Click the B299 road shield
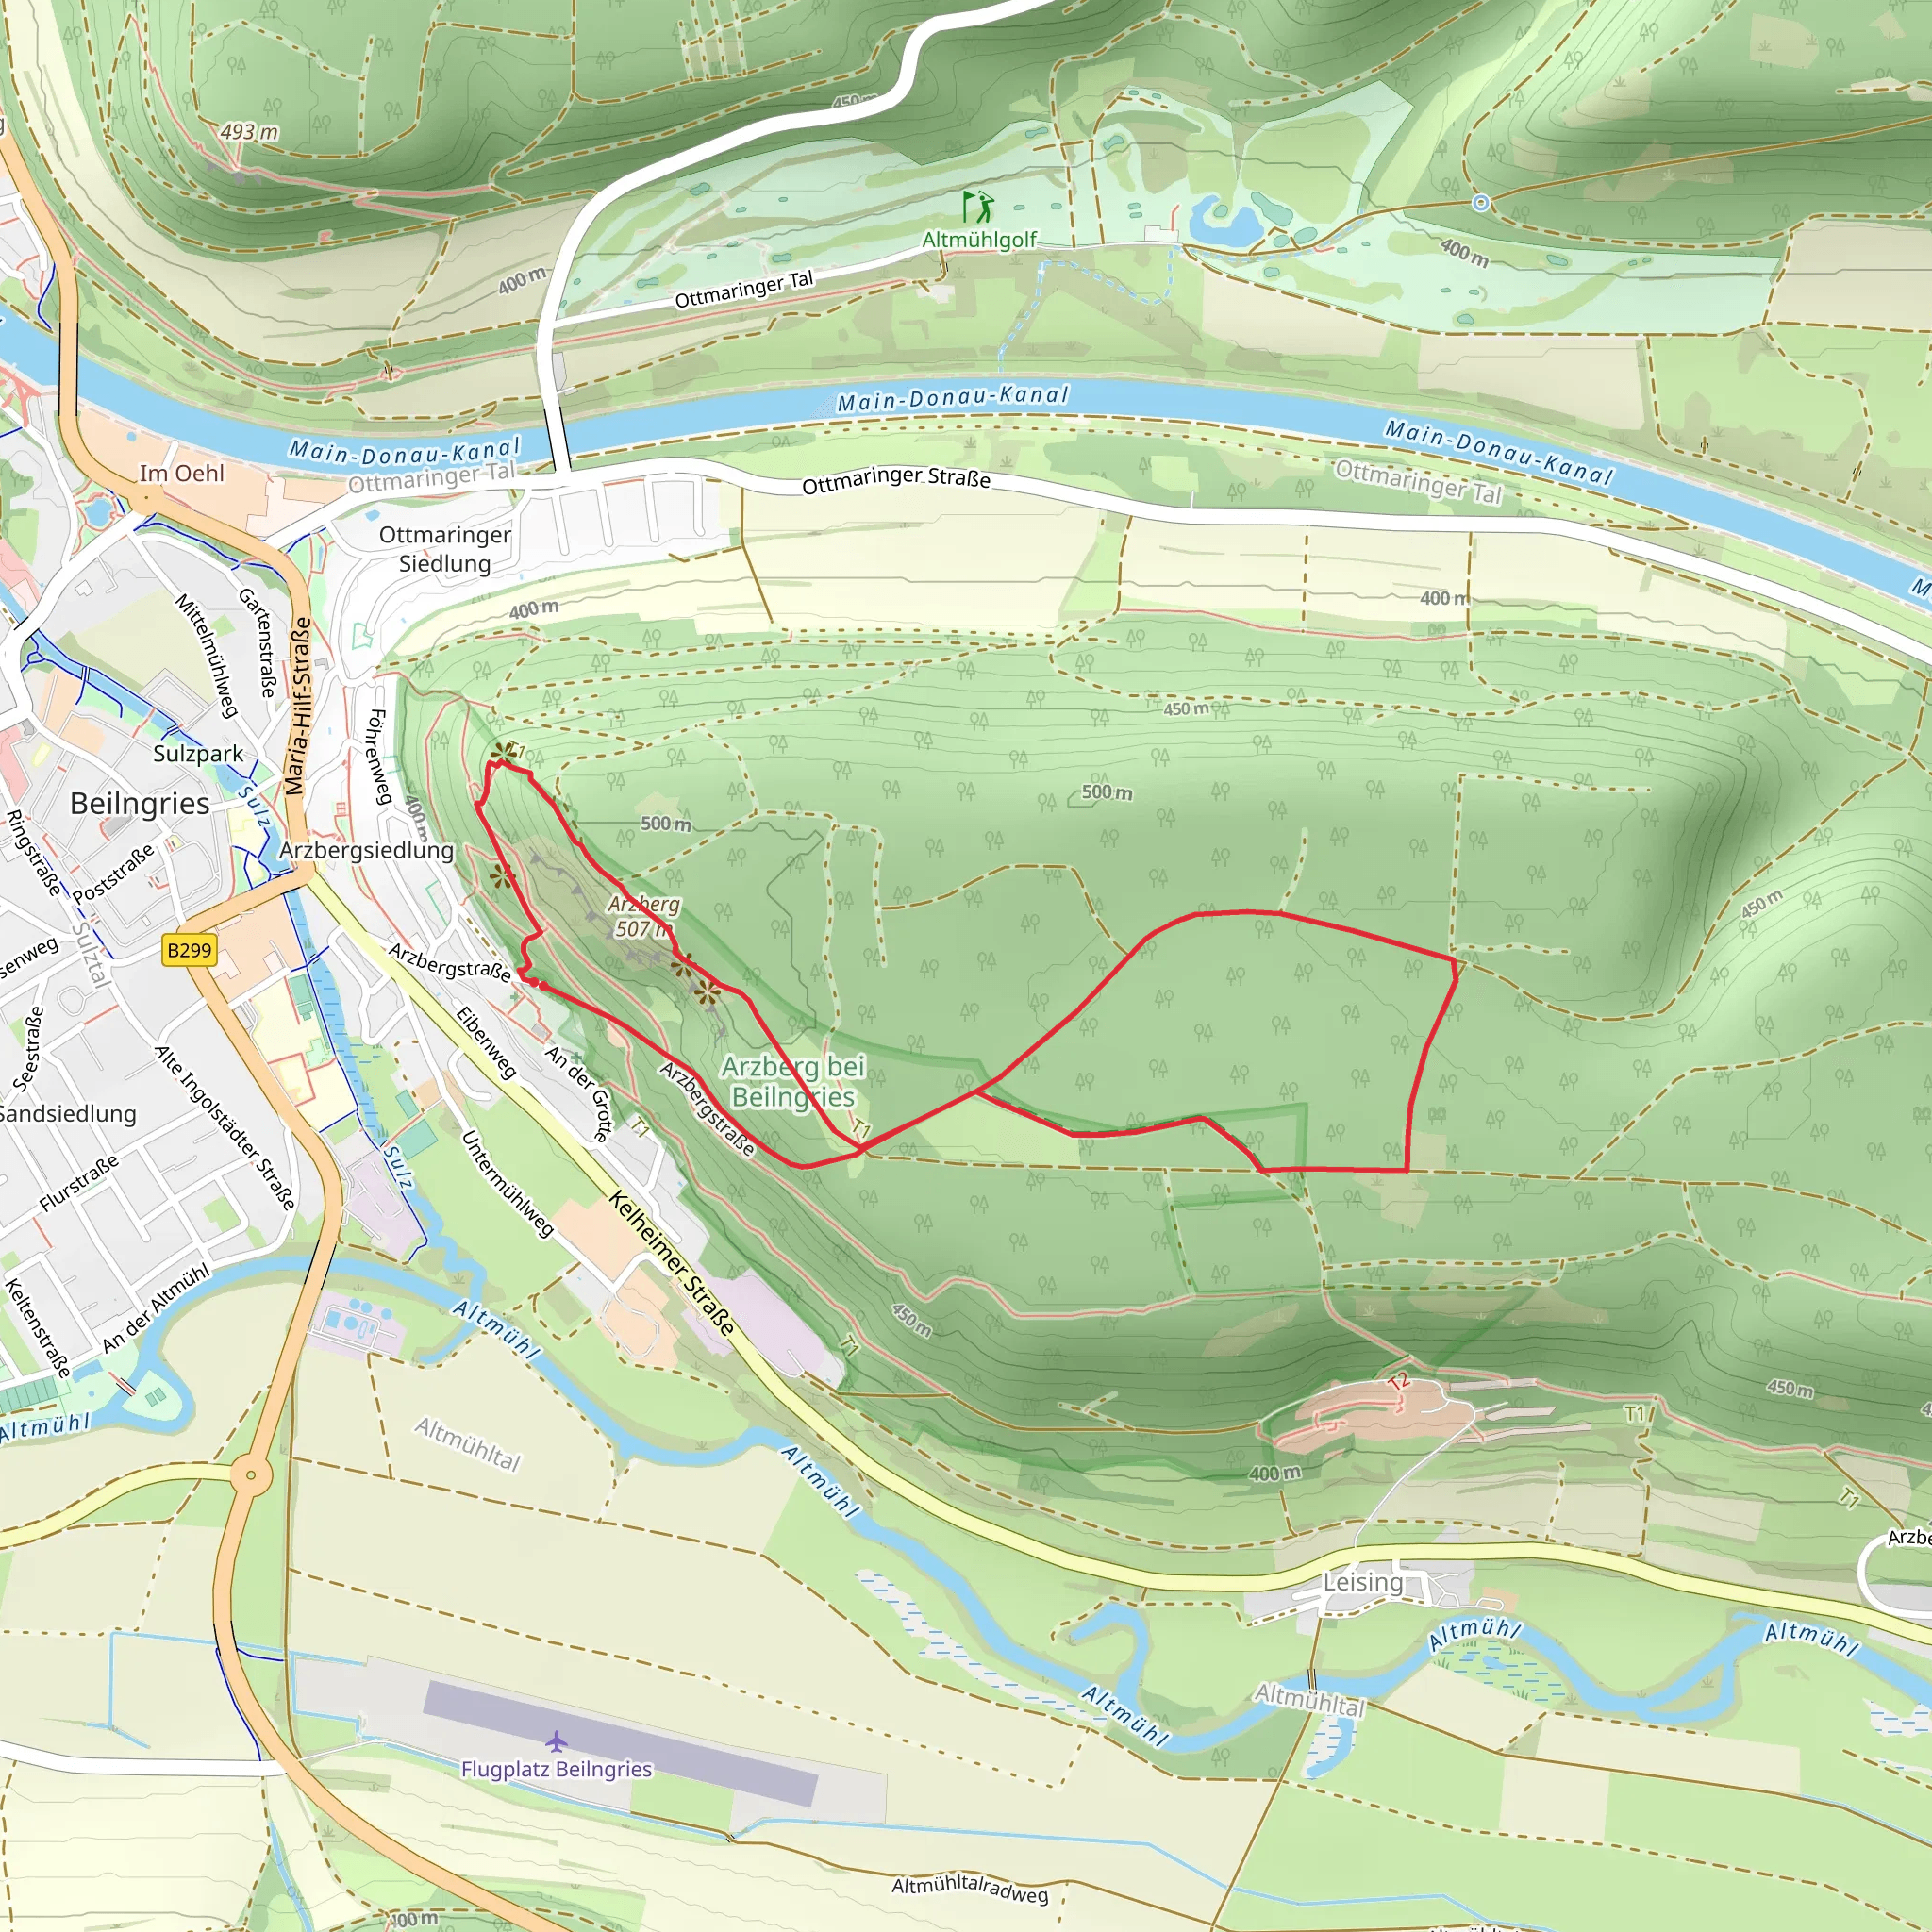pos(189,949)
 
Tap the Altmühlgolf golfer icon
pos(978,207)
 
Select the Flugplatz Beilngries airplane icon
pos(556,1743)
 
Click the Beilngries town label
pos(140,804)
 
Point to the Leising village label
pos(1363,1582)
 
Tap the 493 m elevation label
pos(249,132)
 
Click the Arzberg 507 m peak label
pos(643,916)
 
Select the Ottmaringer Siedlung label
pos(445,549)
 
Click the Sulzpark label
pos(198,753)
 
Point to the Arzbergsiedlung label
pos(366,850)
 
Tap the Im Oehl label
pos(182,473)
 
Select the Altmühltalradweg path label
pos(969,1888)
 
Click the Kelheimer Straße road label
pos(673,1263)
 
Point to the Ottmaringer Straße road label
pos(896,479)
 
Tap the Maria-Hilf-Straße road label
pos(298,706)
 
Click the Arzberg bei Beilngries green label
pos(793,1081)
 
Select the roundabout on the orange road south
pos(251,1475)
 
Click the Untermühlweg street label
pos(507,1184)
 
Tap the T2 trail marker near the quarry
pos(1398,1383)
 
